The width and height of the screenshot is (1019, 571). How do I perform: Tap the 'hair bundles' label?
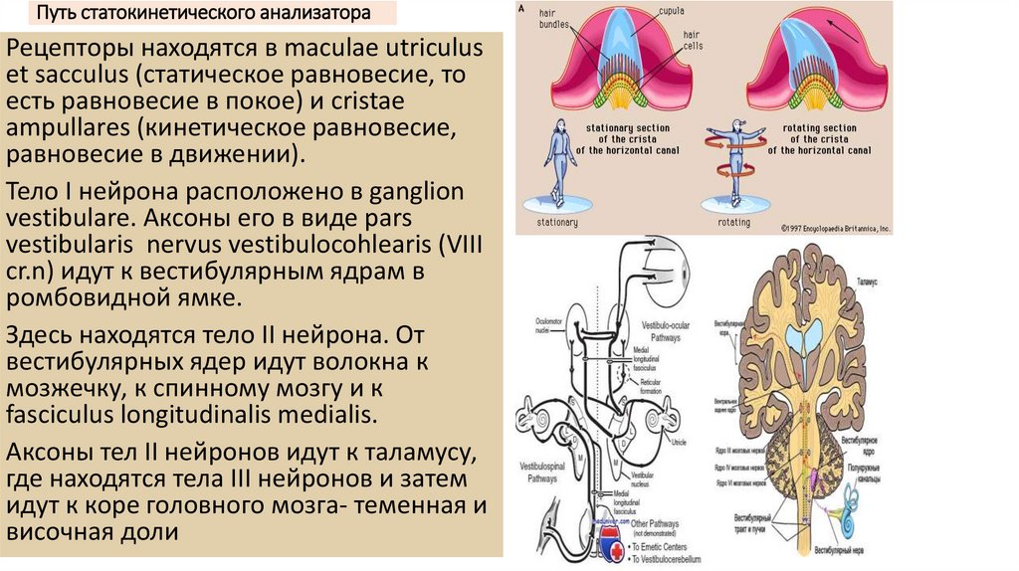pyautogui.click(x=553, y=17)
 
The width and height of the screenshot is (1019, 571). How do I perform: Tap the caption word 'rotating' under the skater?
pyautogui.click(x=734, y=223)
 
